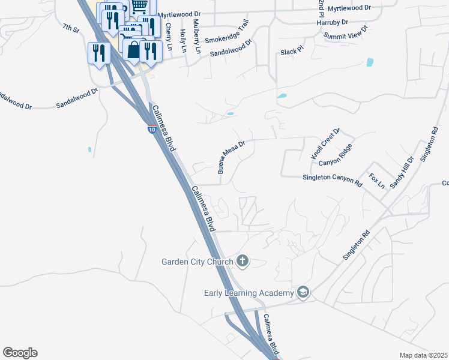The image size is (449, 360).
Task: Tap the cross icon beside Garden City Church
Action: pos(242,260)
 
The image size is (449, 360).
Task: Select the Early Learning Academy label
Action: pos(248,293)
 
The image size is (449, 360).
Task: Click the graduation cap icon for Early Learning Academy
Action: pos(303,292)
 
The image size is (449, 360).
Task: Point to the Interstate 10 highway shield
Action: pos(152,129)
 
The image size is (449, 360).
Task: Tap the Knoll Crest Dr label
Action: pos(325,143)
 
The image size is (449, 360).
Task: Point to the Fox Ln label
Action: pos(376,181)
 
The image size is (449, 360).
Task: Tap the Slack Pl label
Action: pos(293,52)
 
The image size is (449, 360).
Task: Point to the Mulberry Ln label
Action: pos(197,37)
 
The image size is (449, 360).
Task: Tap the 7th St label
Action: pos(70,29)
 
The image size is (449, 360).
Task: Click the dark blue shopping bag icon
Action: pos(134,49)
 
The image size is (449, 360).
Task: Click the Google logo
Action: pos(20,353)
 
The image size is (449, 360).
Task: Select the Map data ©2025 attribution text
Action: pos(423,355)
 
